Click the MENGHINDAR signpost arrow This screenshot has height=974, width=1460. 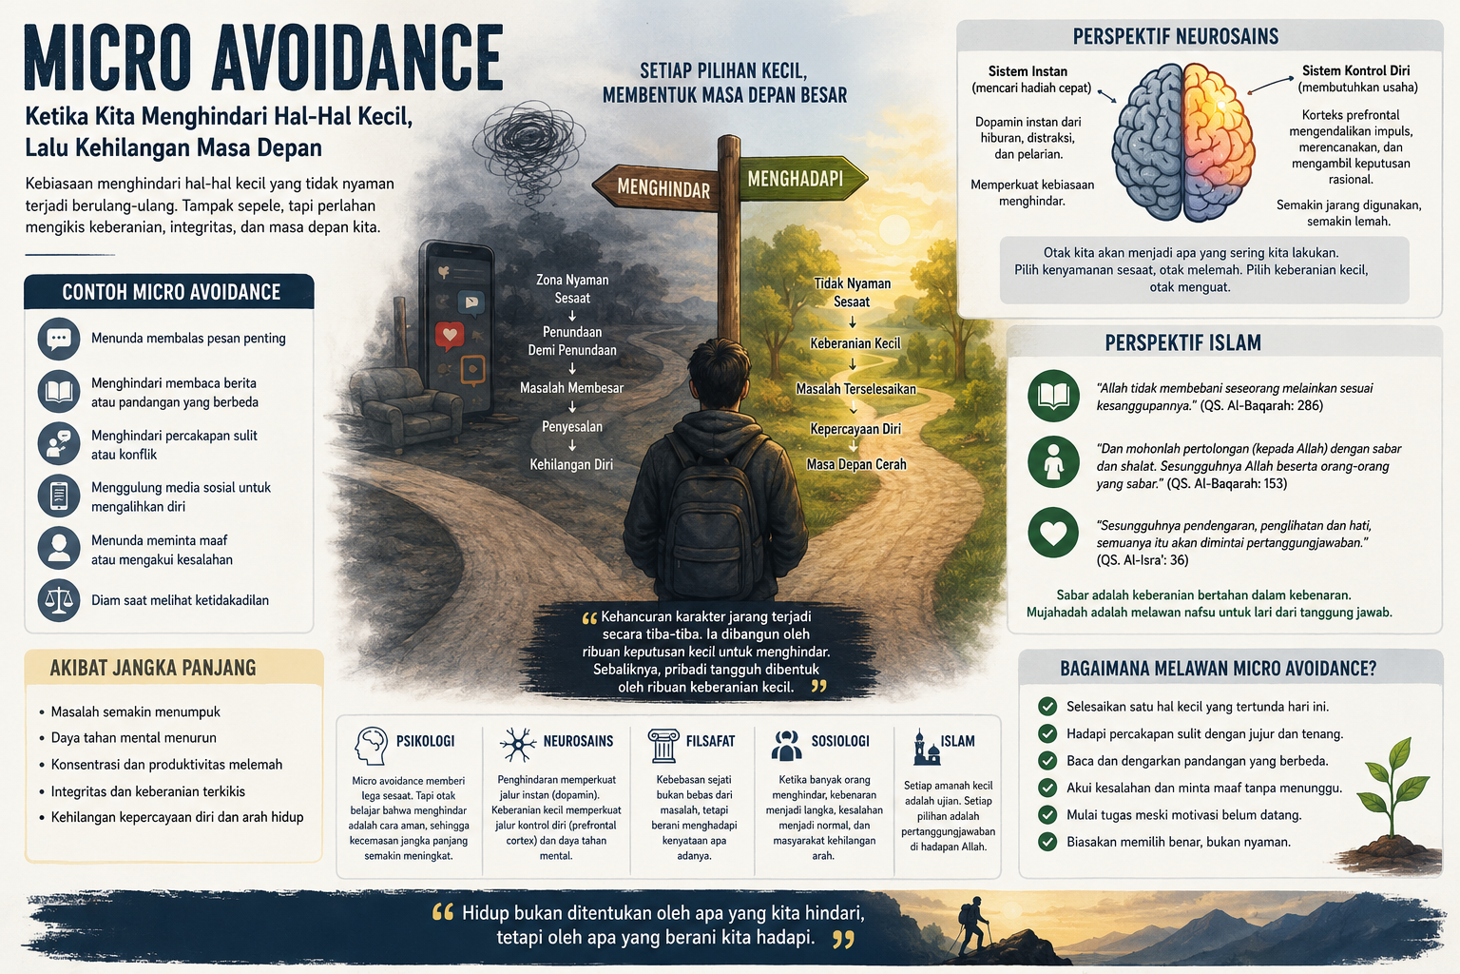click(655, 187)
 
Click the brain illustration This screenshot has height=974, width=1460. click(1183, 143)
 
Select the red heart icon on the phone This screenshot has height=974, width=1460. click(449, 336)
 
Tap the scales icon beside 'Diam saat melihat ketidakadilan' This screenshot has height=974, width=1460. click(59, 600)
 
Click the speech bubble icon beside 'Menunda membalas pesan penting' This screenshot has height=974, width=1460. click(59, 339)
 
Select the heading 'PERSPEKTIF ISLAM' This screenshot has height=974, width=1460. click(1182, 342)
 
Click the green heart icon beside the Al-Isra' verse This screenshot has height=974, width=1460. click(1053, 533)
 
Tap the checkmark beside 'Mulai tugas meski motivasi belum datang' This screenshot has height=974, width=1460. click(1047, 815)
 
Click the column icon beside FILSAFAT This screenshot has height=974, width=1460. click(663, 746)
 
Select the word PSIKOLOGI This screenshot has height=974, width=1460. click(425, 741)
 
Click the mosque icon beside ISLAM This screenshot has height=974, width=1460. click(926, 748)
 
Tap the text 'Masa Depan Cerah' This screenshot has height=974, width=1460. click(855, 464)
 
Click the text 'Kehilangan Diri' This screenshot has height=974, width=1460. click(571, 464)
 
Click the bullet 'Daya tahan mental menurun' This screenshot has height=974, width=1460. click(134, 738)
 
